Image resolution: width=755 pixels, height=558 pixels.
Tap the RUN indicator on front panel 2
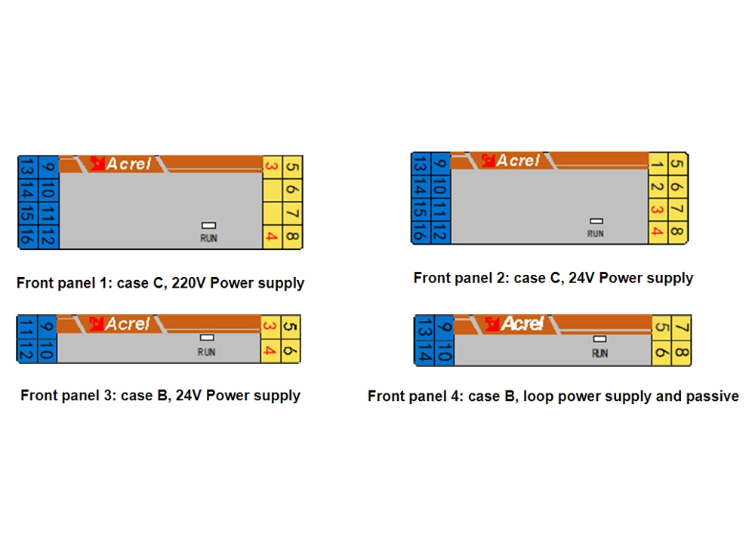click(596, 221)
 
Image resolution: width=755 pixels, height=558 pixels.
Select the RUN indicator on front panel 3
click(207, 338)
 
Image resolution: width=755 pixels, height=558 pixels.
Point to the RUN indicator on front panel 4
click(599, 339)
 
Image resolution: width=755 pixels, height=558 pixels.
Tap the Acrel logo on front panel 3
click(121, 324)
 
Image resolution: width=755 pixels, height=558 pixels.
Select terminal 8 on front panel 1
click(292, 237)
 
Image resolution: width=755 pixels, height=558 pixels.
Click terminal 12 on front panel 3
click(27, 351)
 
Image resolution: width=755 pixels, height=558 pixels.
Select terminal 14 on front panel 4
click(424, 353)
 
